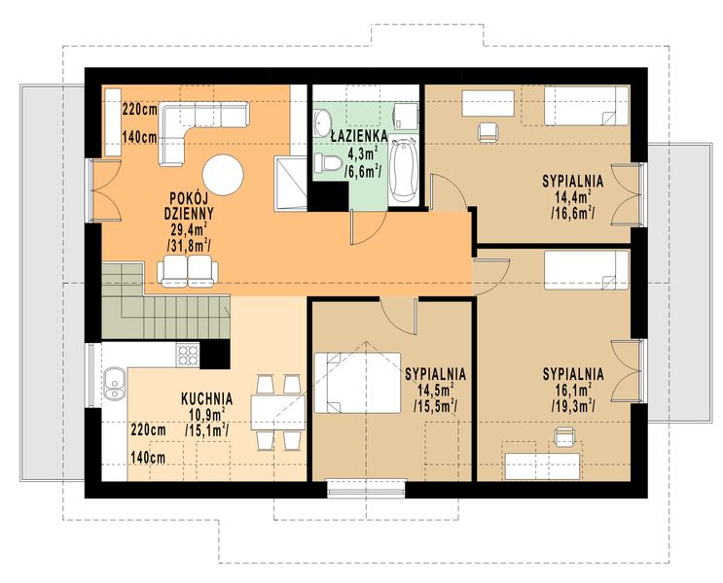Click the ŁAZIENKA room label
[x=359, y=136]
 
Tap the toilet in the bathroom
[x=328, y=162]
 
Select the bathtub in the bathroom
[x=403, y=170]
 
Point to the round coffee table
[x=223, y=175]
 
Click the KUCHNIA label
[x=206, y=398]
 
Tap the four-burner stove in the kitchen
[x=187, y=355]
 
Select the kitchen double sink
[x=114, y=382]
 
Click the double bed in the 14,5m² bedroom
[x=357, y=383]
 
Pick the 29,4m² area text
[x=188, y=229]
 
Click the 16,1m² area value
[x=573, y=390]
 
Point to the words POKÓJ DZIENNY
[x=189, y=205]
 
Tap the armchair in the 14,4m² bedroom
[x=488, y=132]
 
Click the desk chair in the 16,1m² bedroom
[x=563, y=436]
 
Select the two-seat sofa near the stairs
[x=188, y=271]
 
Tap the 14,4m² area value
[x=573, y=197]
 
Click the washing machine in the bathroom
[x=406, y=116]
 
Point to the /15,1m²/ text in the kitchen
[x=207, y=430]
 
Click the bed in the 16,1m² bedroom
[x=587, y=270]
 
